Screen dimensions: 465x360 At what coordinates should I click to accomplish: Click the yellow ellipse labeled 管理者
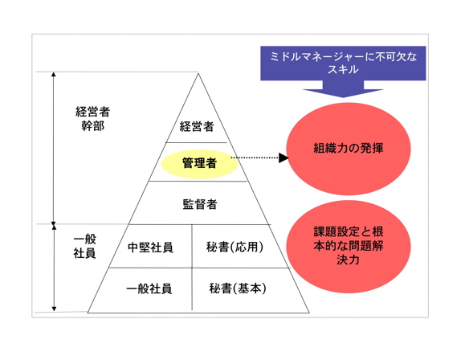(x=200, y=164)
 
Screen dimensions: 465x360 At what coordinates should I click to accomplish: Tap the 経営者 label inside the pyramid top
(x=197, y=127)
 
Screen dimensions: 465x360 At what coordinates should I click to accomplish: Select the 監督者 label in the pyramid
(x=200, y=204)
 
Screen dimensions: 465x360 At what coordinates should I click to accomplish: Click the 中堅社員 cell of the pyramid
(x=150, y=247)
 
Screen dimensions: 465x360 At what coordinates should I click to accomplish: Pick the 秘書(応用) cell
(x=235, y=247)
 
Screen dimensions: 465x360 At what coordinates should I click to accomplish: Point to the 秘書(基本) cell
(x=238, y=288)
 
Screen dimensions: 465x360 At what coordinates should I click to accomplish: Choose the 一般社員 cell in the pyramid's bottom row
(x=149, y=288)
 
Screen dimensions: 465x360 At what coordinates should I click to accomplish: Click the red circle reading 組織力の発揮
(x=349, y=149)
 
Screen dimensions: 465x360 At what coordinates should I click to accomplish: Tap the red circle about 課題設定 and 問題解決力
(x=349, y=247)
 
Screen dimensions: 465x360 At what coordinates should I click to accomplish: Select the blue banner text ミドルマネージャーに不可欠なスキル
(x=343, y=63)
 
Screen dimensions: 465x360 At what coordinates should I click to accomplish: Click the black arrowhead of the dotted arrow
(x=283, y=157)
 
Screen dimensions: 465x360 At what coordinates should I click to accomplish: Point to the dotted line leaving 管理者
(x=255, y=157)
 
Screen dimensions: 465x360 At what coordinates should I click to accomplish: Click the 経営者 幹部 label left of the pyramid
(x=93, y=119)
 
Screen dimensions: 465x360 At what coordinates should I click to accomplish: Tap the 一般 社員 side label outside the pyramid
(x=85, y=247)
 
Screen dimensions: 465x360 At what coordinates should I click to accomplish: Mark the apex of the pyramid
(x=198, y=73)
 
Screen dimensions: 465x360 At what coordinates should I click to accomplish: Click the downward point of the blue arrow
(x=343, y=96)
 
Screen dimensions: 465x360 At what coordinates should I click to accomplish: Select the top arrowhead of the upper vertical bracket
(x=54, y=74)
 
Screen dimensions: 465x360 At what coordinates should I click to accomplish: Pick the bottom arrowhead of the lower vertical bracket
(x=54, y=309)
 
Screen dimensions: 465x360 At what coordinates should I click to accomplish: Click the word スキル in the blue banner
(x=343, y=70)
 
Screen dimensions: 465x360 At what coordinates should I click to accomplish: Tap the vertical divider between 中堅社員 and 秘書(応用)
(x=192, y=246)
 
